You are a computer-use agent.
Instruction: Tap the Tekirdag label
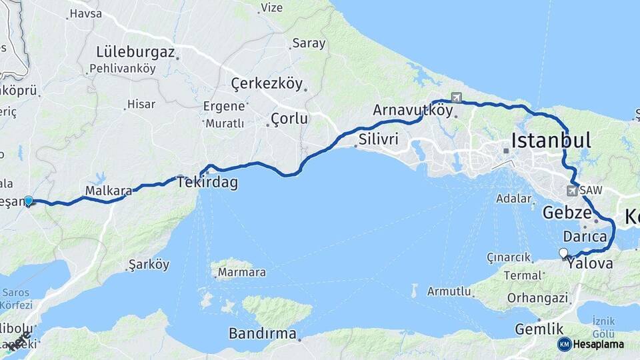207,183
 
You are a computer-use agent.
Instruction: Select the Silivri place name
378,139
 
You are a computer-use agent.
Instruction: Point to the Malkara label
108,191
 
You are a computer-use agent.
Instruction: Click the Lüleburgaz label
135,52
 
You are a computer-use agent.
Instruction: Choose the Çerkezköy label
267,84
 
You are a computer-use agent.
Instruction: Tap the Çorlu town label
289,119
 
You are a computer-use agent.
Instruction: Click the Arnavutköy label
413,110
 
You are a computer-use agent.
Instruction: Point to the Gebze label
567,213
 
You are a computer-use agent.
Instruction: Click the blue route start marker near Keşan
29,200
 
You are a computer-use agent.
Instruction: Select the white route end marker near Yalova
563,253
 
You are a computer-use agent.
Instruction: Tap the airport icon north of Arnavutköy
456,97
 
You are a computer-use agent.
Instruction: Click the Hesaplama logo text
598,344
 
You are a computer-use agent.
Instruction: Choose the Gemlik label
539,329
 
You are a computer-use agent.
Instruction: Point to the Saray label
309,44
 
